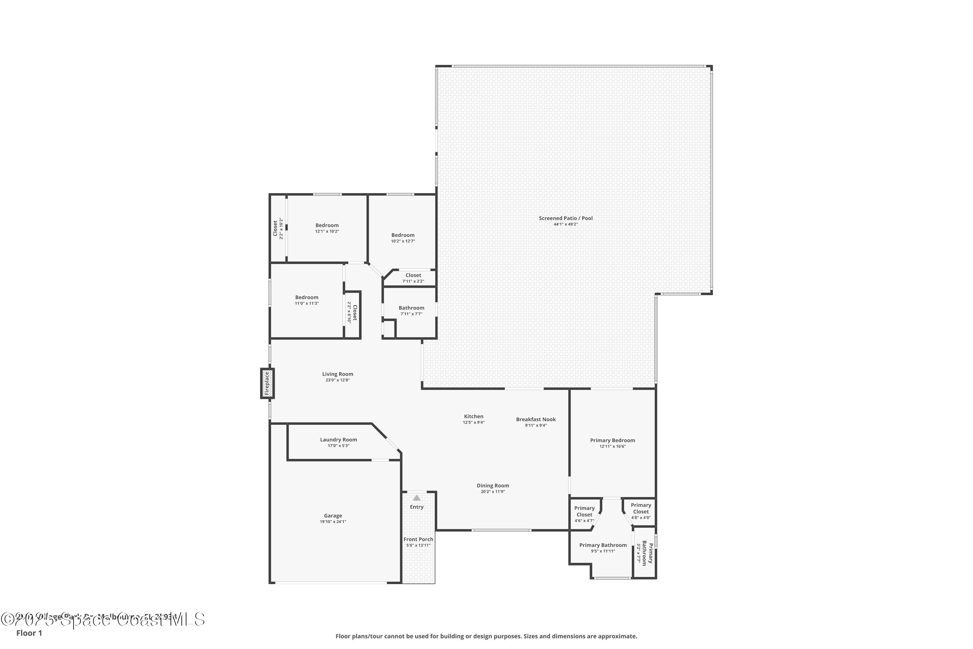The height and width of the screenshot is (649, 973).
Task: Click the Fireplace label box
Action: (x=267, y=383)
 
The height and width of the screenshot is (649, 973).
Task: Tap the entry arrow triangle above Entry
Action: (x=416, y=498)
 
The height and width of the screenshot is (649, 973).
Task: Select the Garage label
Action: (x=333, y=516)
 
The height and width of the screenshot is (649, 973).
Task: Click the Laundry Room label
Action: (x=338, y=440)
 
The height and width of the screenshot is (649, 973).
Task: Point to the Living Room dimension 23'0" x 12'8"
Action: (x=338, y=380)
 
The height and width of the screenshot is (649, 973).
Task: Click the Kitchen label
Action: (x=473, y=416)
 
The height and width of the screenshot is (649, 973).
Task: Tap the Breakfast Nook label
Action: (x=536, y=419)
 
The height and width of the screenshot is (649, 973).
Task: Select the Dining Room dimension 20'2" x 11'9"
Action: (x=493, y=492)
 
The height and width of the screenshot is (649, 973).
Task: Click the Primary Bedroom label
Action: (x=612, y=440)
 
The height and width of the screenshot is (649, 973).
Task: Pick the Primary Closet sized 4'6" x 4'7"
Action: (x=584, y=514)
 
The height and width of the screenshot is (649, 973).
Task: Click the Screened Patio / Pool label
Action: (x=566, y=218)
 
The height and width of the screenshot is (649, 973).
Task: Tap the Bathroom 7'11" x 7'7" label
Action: (x=411, y=308)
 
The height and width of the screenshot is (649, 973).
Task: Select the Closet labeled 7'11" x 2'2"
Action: (x=413, y=278)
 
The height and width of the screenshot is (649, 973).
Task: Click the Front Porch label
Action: (x=418, y=539)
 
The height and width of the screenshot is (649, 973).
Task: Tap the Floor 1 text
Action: (x=29, y=633)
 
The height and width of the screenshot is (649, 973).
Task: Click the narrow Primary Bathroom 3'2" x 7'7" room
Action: (x=644, y=553)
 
